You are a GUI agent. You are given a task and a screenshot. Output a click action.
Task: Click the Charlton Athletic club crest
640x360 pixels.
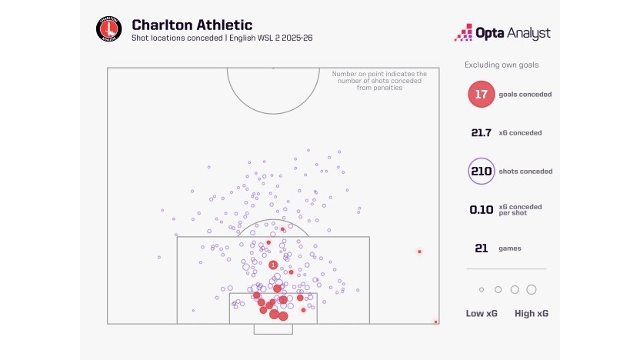click(108, 29)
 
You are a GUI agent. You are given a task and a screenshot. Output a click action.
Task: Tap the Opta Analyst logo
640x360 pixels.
click(504, 33)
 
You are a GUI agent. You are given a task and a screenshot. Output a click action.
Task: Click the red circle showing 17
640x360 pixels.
click(481, 94)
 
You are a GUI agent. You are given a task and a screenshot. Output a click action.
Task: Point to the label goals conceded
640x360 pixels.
click(525, 94)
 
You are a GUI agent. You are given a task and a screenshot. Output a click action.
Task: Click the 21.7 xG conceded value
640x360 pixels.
click(482, 132)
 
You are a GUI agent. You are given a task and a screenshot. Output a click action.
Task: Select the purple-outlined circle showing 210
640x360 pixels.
click(481, 171)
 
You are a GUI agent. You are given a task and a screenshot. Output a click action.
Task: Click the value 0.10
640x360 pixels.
click(482, 209)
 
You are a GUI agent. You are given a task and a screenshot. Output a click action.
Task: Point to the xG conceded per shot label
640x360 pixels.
click(525, 209)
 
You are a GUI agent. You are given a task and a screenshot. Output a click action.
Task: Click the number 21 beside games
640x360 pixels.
click(482, 248)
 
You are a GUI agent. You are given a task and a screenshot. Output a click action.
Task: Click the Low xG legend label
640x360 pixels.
click(481, 313)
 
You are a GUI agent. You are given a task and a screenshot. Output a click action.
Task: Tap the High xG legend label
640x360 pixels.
click(531, 313)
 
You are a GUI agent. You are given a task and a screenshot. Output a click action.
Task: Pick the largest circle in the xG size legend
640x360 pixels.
click(531, 289)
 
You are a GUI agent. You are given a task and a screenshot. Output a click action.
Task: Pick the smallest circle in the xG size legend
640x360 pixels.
click(482, 289)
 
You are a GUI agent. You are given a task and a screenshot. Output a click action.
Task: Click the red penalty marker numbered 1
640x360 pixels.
click(273, 265)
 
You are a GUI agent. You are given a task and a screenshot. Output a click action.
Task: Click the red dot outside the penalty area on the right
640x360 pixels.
click(419, 252)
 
